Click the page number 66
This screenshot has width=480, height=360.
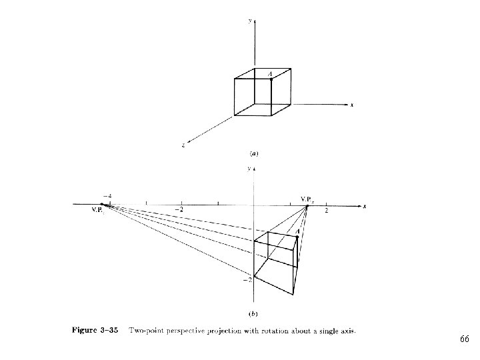(x=464, y=340)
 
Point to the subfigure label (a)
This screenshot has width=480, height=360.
(x=253, y=153)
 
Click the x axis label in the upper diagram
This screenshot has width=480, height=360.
(x=352, y=105)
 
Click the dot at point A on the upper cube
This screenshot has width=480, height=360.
(x=271, y=79)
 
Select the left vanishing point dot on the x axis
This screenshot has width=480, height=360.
(x=101, y=204)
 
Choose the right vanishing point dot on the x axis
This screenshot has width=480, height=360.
(x=307, y=206)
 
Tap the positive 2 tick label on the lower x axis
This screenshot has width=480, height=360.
(x=327, y=211)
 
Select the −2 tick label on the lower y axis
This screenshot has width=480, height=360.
(x=247, y=279)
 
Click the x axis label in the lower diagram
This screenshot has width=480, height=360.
(x=365, y=207)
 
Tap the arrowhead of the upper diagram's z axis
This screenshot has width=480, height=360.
(x=190, y=139)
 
